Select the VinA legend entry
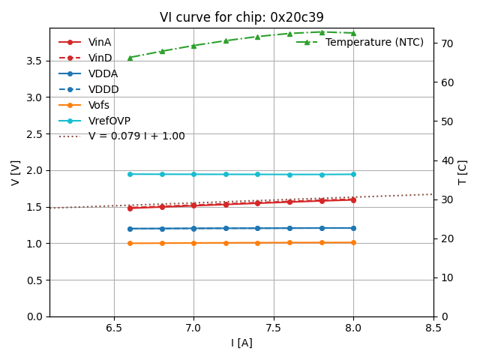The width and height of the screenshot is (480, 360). click(100, 42)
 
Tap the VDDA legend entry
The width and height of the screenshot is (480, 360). click(103, 73)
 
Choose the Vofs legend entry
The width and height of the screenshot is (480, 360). click(99, 105)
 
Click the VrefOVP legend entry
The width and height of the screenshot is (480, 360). click(109, 121)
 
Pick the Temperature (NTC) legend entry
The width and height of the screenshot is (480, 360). click(374, 42)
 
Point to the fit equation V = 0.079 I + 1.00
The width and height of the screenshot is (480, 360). click(136, 136)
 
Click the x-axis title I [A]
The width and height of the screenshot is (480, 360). click(241, 343)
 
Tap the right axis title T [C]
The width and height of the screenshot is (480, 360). click(462, 172)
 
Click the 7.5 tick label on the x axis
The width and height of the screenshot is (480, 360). click(274, 328)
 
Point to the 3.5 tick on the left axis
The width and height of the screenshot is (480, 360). click(34, 61)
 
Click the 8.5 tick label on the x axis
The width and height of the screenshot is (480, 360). click(433, 328)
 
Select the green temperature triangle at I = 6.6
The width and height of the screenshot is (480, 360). click(130, 58)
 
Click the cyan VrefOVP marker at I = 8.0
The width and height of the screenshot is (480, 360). click(353, 174)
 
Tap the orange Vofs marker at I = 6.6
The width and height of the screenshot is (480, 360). click(130, 243)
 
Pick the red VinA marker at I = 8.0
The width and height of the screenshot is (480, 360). click(353, 199)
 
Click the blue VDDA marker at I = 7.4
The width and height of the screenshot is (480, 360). click(257, 228)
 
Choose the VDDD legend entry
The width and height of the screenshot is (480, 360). click(103, 89)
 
